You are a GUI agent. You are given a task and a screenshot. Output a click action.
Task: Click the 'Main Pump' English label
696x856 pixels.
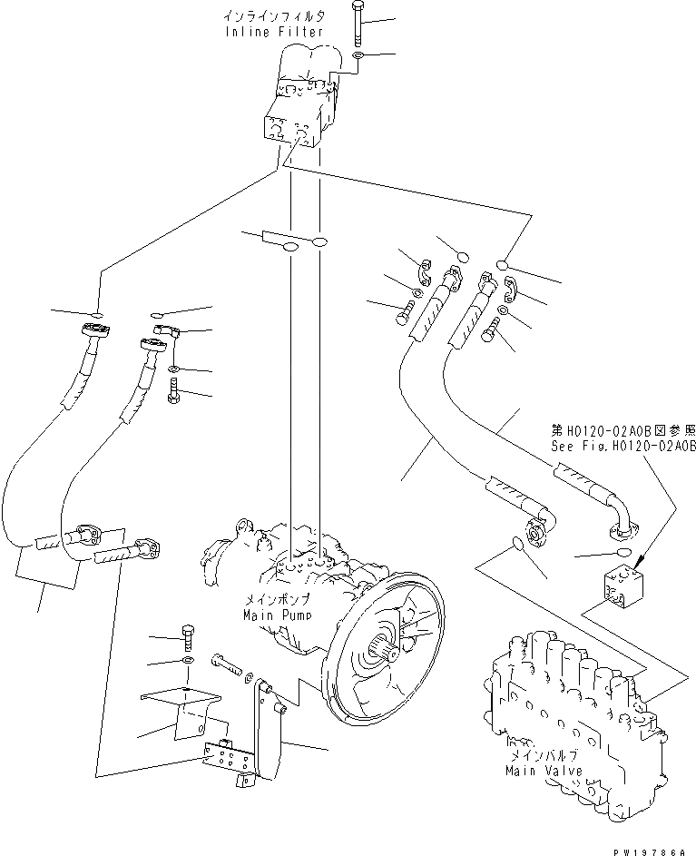click(277, 615)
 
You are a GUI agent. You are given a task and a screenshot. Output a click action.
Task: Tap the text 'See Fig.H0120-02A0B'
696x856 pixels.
click(623, 446)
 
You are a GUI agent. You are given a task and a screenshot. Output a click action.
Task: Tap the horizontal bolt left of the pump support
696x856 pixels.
click(227, 666)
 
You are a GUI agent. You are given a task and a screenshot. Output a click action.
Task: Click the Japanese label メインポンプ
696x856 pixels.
click(277, 600)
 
